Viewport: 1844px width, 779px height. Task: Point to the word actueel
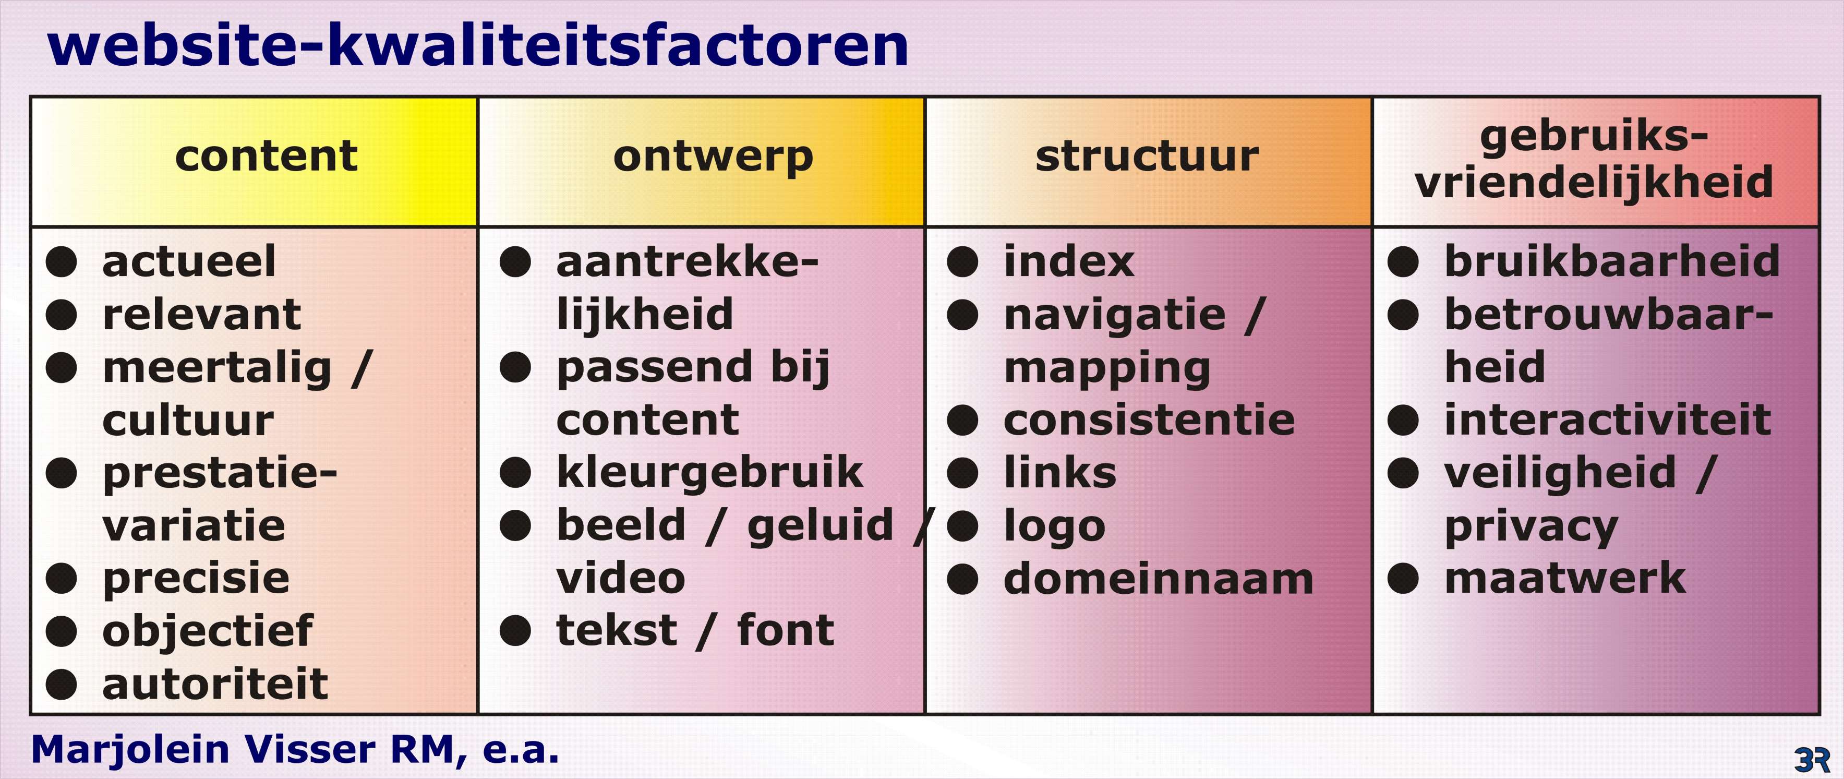pos(189,261)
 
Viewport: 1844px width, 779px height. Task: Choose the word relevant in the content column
pos(202,315)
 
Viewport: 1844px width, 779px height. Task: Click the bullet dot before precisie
pos(62,579)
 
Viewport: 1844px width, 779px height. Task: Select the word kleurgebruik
pos(710,473)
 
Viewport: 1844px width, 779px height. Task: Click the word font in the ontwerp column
pos(786,630)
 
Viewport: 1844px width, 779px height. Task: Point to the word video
pos(621,579)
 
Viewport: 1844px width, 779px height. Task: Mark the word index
pos(1069,261)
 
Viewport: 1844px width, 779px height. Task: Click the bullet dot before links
pos(963,473)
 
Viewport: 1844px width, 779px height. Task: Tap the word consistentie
pos(1150,421)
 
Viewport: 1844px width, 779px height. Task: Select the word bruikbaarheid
pos(1612,261)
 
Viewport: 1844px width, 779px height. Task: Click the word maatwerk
pos(1565,579)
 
